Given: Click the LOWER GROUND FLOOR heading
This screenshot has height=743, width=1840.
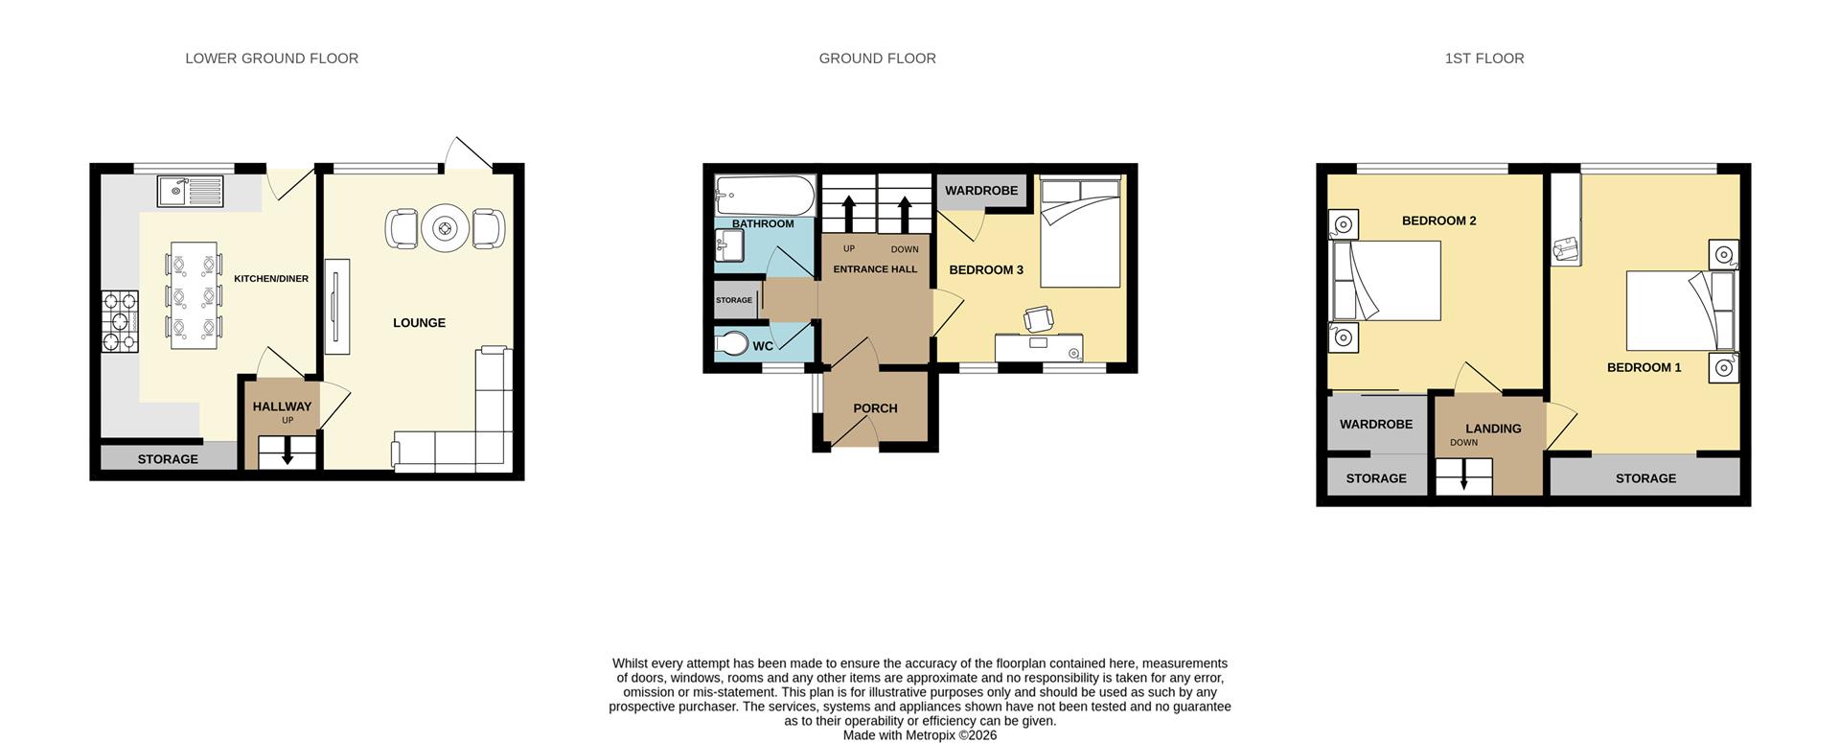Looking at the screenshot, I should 271,58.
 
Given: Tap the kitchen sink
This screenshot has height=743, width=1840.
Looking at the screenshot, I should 190,191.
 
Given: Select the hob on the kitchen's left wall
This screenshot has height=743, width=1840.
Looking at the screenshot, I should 120,321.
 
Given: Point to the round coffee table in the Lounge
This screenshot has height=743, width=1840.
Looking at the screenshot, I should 446,228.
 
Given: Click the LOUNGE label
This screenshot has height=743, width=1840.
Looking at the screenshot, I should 419,323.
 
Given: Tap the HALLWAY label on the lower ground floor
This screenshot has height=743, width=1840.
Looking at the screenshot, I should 282,406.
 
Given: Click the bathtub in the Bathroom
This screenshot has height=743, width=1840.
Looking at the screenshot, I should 764,195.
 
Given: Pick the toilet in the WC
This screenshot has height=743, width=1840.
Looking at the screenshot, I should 733,343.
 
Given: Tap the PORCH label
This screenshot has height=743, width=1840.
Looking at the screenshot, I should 875,408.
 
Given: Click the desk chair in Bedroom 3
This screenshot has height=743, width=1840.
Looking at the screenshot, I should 1038,317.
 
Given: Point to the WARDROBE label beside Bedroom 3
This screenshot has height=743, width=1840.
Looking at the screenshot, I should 981,191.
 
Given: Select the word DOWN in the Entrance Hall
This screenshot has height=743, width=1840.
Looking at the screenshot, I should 904,249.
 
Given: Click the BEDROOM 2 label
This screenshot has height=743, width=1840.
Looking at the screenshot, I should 1438,221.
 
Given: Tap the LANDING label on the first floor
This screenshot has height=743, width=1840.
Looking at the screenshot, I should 1492,429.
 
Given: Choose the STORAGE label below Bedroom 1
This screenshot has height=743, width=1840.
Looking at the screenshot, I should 1645,478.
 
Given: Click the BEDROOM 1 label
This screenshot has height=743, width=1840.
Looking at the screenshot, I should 1644,367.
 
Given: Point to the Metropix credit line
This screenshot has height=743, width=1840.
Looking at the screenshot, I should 919,735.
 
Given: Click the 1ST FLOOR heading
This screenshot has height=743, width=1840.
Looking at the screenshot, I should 1483,58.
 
